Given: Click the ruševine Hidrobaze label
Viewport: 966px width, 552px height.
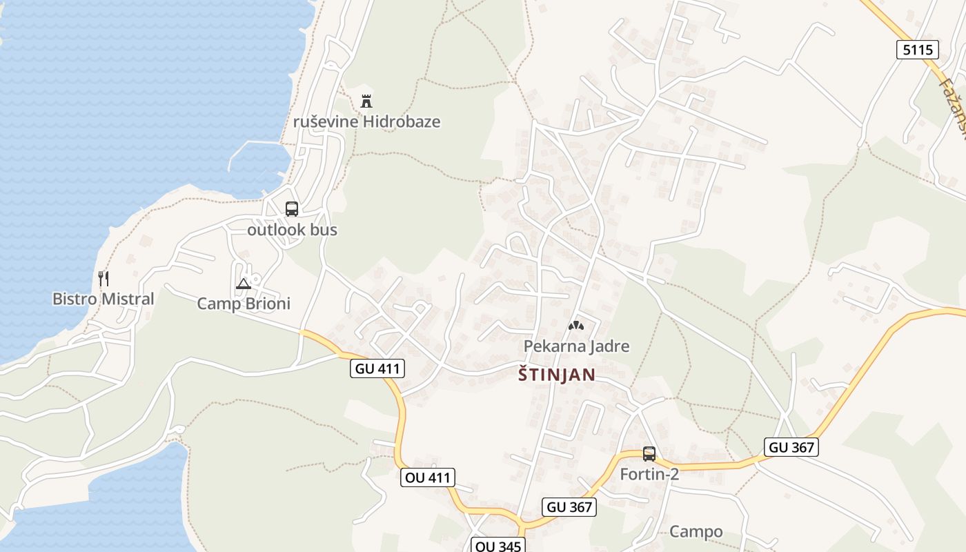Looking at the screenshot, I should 366,122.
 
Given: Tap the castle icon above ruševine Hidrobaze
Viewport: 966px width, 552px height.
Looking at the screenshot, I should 366,101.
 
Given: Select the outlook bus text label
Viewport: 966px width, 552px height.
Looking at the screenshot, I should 292,230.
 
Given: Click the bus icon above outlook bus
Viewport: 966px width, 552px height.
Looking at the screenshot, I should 292,209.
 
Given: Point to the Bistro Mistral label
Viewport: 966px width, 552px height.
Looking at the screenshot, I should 103,299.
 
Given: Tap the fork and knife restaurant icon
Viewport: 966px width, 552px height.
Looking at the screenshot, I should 103,279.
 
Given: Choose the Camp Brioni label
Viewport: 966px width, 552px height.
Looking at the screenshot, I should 244,304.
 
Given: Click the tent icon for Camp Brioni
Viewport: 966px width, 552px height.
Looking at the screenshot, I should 244,284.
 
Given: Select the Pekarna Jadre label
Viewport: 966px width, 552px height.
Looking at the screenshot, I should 576,346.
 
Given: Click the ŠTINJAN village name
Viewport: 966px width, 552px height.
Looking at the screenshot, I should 556,375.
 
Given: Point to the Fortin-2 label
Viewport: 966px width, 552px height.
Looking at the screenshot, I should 649,475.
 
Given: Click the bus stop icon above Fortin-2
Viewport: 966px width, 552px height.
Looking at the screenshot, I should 649,454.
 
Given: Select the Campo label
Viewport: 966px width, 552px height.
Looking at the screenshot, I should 696,532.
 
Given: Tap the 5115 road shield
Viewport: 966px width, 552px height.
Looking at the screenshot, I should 918,50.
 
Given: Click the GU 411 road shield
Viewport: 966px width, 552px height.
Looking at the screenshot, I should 377,368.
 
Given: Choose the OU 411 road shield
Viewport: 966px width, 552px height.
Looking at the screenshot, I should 427,477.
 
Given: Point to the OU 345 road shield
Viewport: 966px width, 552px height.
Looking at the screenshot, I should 498,546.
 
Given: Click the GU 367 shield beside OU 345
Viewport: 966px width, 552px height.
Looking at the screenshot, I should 569,507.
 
